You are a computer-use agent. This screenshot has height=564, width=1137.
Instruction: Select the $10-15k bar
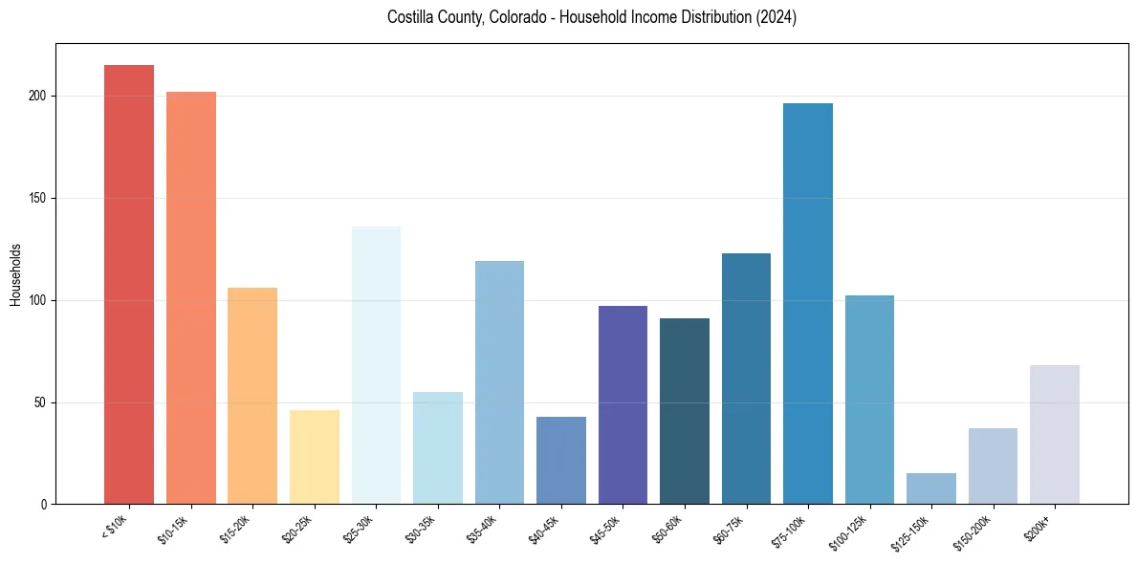click(x=190, y=297)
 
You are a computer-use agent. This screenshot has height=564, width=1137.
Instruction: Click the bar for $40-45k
click(x=560, y=460)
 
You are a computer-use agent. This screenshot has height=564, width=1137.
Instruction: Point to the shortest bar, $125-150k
click(x=930, y=488)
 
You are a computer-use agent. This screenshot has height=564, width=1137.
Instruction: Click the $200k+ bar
click(x=1054, y=434)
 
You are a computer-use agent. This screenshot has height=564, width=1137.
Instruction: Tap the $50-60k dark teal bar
click(x=684, y=411)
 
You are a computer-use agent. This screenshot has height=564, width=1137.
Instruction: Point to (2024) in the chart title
click(x=777, y=17)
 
